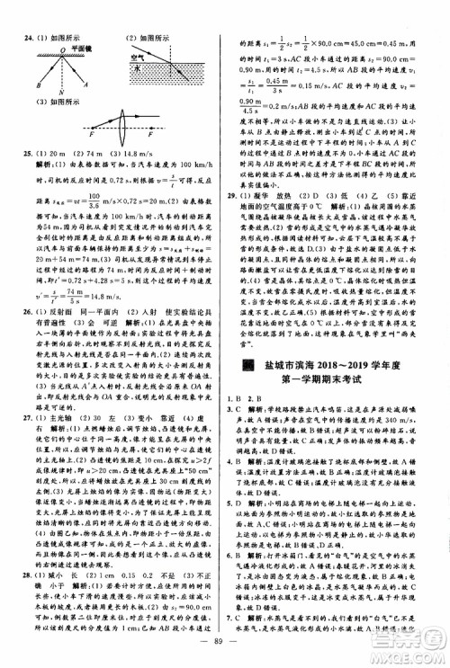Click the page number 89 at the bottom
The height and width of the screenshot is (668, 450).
coord(224,644)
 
